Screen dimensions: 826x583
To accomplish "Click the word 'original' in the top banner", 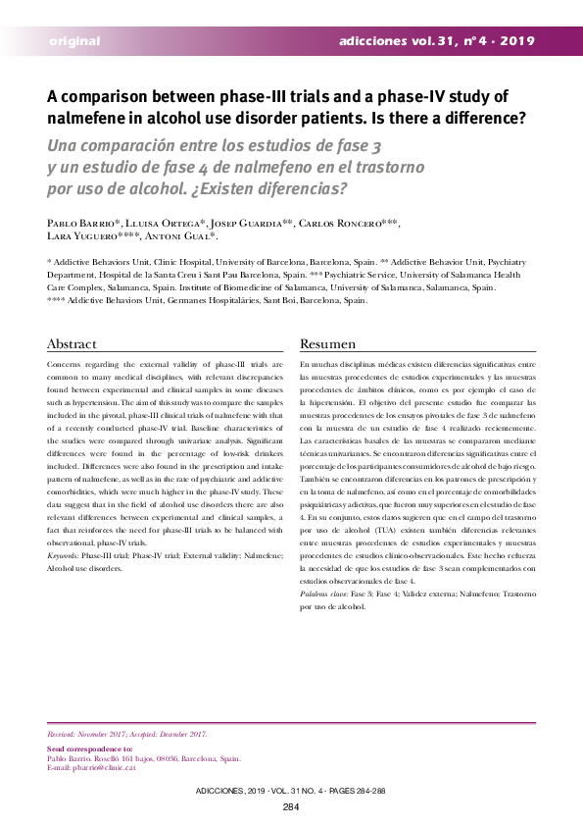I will point(74,41).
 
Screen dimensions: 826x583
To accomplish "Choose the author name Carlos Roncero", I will point(338,223).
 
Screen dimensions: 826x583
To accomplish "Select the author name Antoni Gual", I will point(179,237).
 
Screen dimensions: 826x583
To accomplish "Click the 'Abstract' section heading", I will point(73,344).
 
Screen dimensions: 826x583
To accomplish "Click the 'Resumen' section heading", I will point(327,344).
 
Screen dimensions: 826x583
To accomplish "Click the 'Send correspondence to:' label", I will point(90,749).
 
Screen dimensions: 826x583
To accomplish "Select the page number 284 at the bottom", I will point(291,807).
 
